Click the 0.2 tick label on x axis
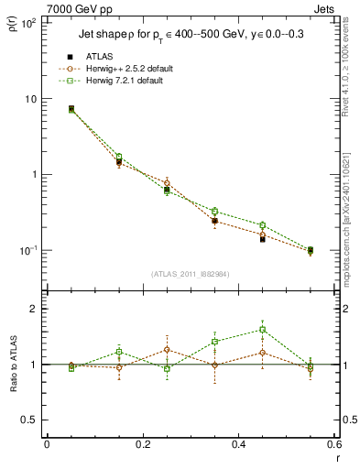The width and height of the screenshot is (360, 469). tap(142, 446)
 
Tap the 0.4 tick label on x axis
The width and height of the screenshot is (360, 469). tap(238, 446)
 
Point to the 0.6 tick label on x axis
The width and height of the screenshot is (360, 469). tap(333, 446)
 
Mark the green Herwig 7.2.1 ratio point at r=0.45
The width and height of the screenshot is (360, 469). tap(262, 330)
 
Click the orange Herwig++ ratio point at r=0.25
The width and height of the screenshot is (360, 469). tap(167, 349)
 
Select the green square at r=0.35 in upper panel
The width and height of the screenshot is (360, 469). tap(214, 212)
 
